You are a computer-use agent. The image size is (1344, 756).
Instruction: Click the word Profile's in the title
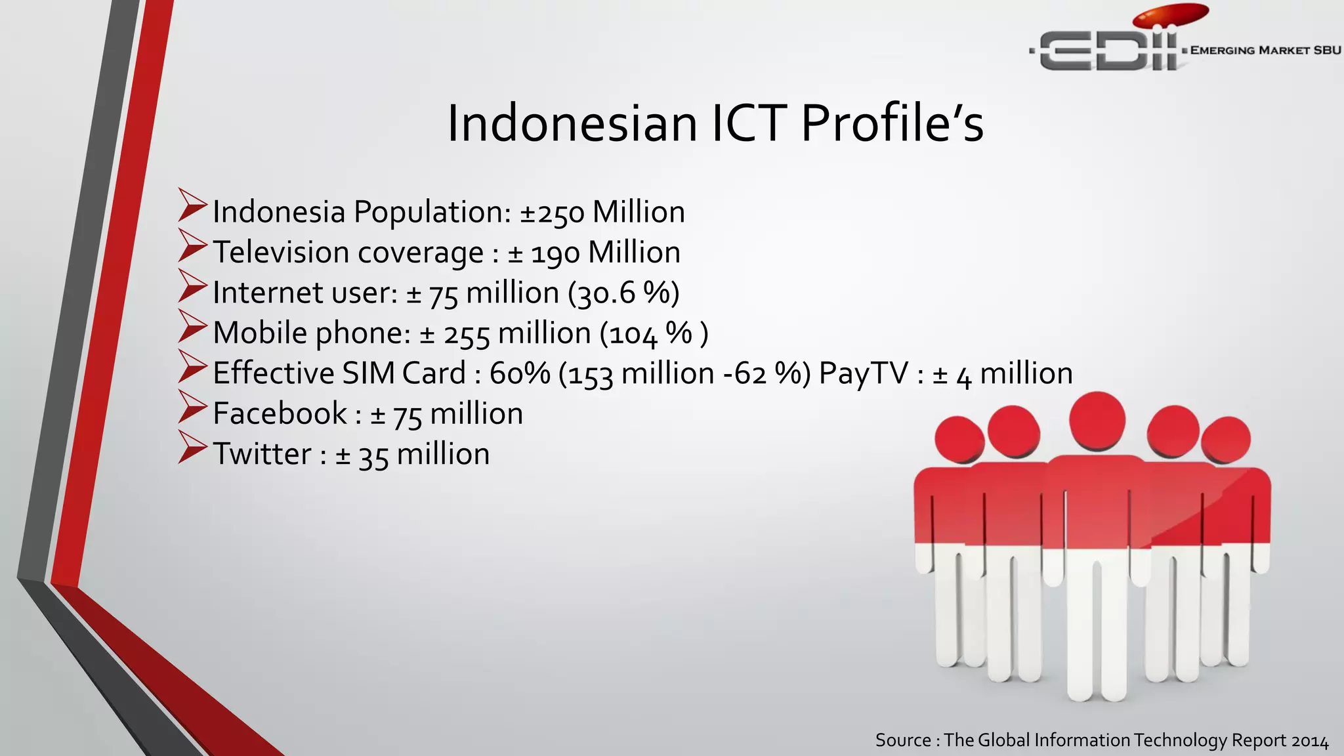(x=892, y=123)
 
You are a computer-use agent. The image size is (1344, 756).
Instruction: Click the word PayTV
(x=863, y=373)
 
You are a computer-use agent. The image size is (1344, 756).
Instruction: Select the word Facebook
(x=280, y=413)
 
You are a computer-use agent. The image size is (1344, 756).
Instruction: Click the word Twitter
(x=262, y=454)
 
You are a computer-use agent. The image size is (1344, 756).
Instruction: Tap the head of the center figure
(x=1097, y=420)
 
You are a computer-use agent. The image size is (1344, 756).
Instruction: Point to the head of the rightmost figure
(x=1225, y=438)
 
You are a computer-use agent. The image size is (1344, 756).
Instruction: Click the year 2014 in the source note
(x=1310, y=741)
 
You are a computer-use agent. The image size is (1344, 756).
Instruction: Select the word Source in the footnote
(x=903, y=740)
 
